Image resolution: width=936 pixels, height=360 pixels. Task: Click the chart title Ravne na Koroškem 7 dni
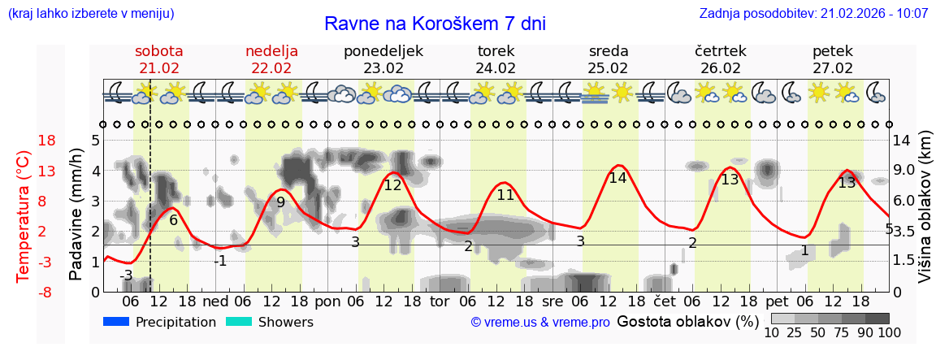pyautogui.click(x=435, y=24)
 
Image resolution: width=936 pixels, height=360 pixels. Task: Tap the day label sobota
pyautogui.click(x=158, y=51)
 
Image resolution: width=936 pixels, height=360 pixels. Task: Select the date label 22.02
pyautogui.click(x=271, y=68)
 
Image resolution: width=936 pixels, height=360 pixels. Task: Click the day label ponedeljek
pyautogui.click(x=383, y=51)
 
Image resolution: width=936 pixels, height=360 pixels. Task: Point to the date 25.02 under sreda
pyautogui.click(x=609, y=68)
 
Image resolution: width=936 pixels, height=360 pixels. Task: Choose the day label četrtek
pyautogui.click(x=721, y=51)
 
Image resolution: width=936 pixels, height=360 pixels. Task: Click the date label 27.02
pyautogui.click(x=833, y=68)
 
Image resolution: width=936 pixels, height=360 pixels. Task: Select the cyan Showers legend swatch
pyautogui.click(x=238, y=322)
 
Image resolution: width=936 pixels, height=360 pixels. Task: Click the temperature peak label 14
pyautogui.click(x=617, y=178)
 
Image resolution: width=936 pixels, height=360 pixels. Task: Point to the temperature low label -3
pyautogui.click(x=126, y=275)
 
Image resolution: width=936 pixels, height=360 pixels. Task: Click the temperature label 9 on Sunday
pyautogui.click(x=280, y=202)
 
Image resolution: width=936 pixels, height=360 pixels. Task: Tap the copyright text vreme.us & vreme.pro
pyautogui.click(x=540, y=323)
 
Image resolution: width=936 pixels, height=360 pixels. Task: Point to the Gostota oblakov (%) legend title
pyautogui.click(x=687, y=322)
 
